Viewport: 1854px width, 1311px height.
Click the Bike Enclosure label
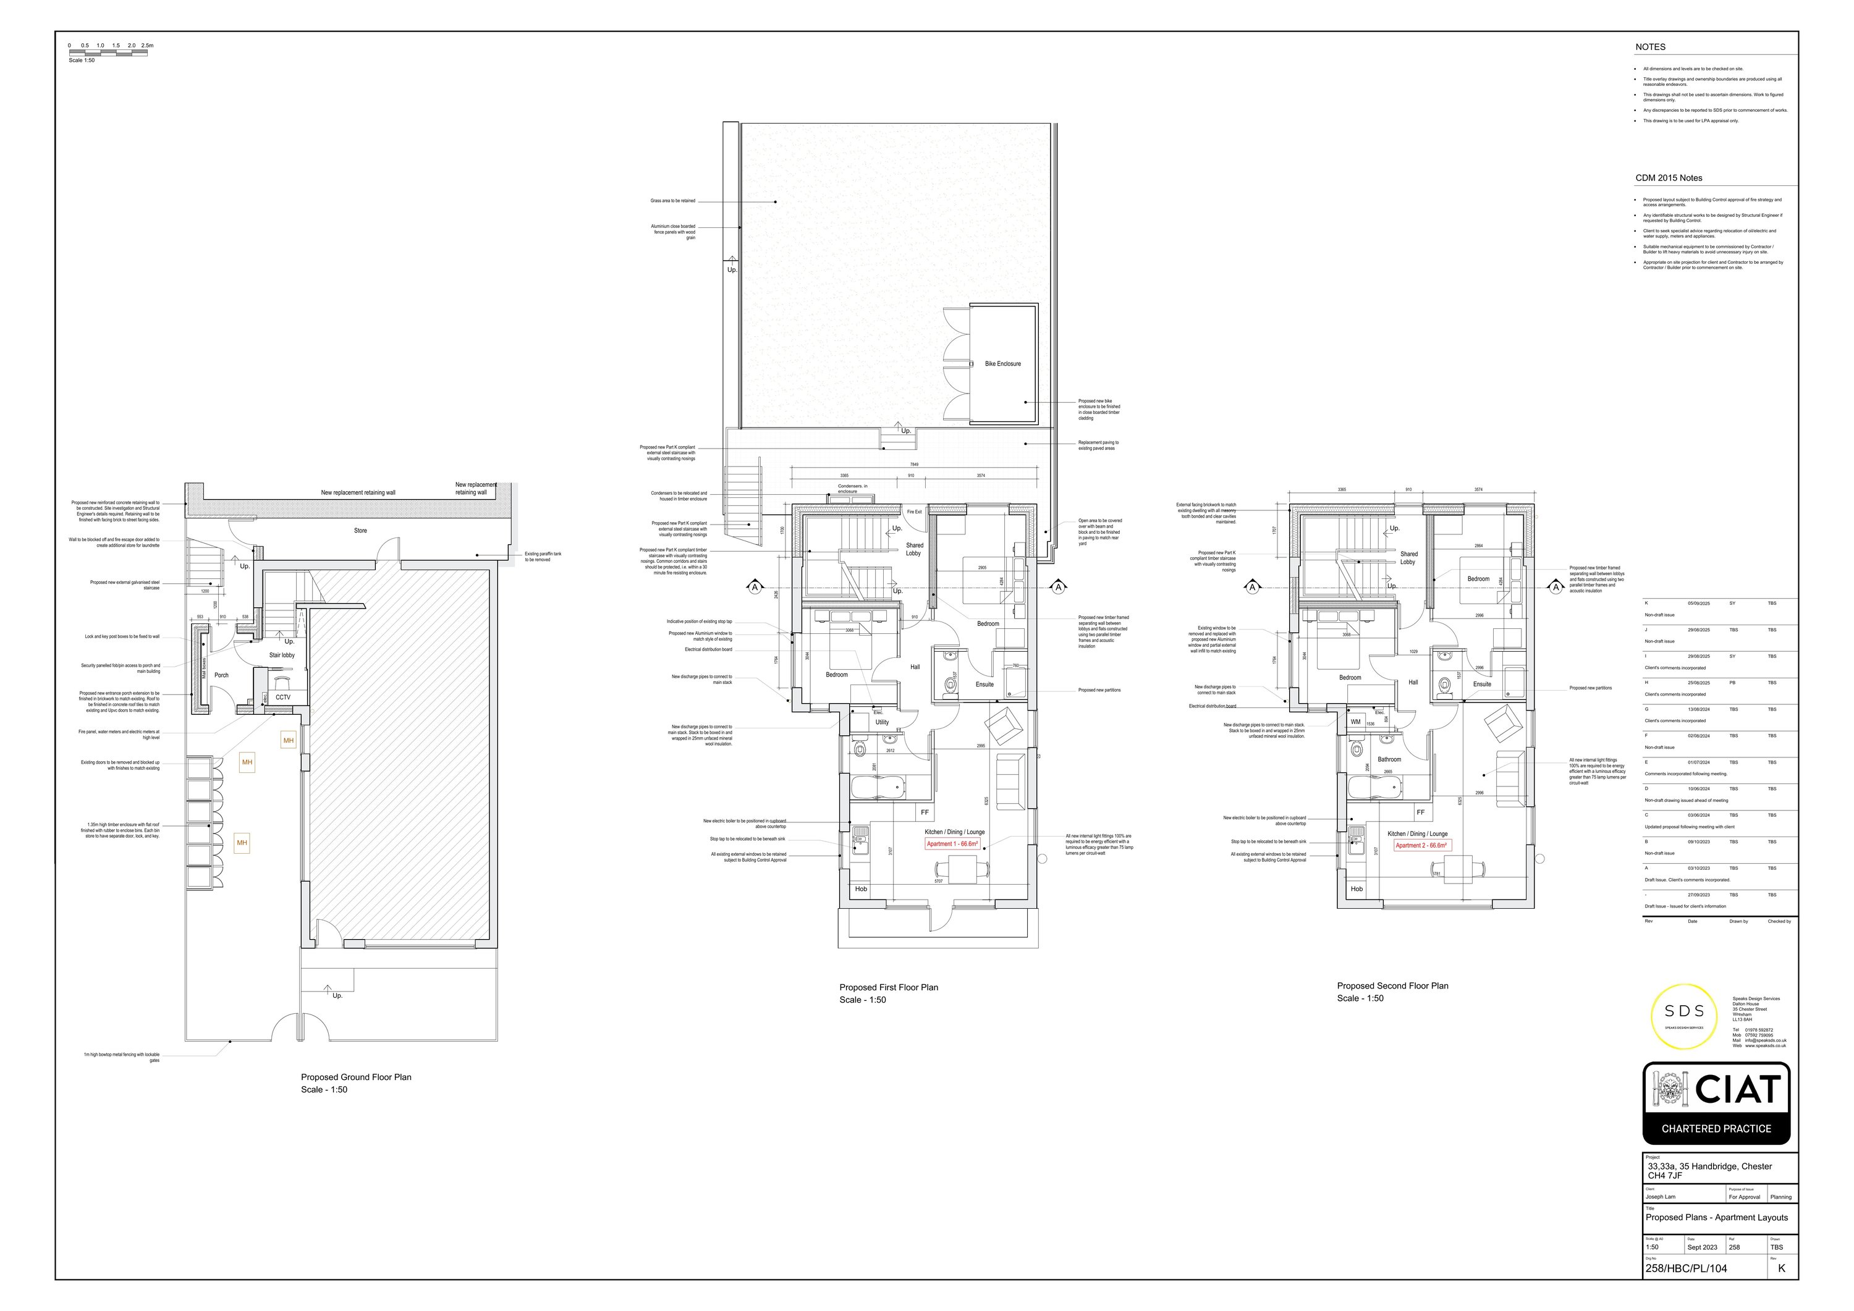pyautogui.click(x=1002, y=364)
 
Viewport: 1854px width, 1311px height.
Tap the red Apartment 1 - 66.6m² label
pyautogui.click(x=952, y=843)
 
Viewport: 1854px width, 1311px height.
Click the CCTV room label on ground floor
pyautogui.click(x=282, y=698)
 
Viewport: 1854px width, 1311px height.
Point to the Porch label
pyautogui.click(x=221, y=675)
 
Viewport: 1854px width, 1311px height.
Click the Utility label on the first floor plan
pyautogui.click(x=882, y=722)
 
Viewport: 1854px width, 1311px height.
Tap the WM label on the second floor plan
pyautogui.click(x=1356, y=722)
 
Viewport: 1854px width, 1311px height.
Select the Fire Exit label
pyautogui.click(x=913, y=512)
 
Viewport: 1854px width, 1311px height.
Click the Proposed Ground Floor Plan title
pyautogui.click(x=356, y=1077)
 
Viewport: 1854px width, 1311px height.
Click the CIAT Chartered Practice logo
pyautogui.click(x=1716, y=1103)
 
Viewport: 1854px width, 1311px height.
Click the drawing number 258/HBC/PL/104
pyautogui.click(x=1686, y=1268)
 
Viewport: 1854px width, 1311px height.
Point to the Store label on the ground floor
pyautogui.click(x=360, y=530)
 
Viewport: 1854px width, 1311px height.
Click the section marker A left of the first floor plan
pyautogui.click(x=755, y=587)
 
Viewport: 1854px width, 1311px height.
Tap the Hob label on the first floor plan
pyautogui.click(x=861, y=889)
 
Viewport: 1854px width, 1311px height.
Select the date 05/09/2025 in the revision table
pyautogui.click(x=1698, y=603)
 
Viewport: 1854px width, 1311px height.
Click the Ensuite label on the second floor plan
pyautogui.click(x=1482, y=684)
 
